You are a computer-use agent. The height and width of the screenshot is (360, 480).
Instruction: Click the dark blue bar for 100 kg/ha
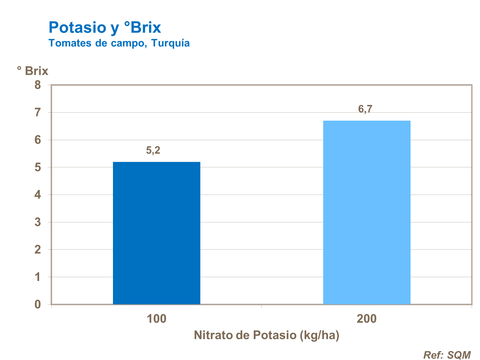[156, 233]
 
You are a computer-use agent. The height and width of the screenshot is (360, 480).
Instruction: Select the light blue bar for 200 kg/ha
[367, 212]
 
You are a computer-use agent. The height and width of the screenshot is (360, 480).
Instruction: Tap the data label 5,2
[153, 150]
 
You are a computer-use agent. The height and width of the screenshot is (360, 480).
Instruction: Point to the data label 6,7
[365, 109]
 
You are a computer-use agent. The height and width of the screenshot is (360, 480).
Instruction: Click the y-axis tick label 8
[38, 85]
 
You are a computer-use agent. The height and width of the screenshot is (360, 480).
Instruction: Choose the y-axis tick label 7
[38, 113]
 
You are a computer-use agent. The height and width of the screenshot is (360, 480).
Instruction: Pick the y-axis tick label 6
[38, 140]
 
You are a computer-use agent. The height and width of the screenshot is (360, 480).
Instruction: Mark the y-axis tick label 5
[38, 167]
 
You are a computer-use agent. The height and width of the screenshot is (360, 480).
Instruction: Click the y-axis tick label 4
[38, 195]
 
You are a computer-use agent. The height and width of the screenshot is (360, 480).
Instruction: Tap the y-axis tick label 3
[38, 222]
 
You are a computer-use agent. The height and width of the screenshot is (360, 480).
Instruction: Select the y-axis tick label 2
[38, 250]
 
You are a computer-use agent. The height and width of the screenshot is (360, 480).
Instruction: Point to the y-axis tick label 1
[38, 277]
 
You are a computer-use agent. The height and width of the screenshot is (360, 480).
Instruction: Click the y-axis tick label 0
[38, 304]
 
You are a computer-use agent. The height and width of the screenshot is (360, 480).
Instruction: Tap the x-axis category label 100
[156, 319]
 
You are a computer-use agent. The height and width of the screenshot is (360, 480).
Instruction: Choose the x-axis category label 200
[367, 319]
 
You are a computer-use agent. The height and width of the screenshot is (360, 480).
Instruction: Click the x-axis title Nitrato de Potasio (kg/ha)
[267, 335]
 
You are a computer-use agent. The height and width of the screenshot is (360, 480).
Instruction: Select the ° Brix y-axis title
[33, 71]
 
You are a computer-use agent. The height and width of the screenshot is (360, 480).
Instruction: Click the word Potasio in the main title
[77, 28]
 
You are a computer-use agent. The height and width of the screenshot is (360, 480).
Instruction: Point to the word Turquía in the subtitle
[170, 43]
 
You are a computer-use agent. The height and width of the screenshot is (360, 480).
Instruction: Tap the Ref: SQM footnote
[447, 355]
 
